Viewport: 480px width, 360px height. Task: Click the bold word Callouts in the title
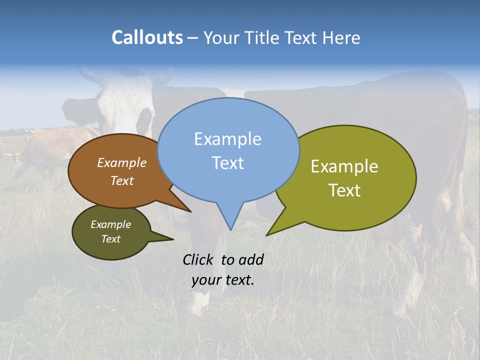pos(147,37)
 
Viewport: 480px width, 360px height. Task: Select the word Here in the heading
pos(342,37)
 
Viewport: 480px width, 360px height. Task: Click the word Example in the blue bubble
pos(227,139)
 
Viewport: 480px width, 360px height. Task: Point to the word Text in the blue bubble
pos(227,163)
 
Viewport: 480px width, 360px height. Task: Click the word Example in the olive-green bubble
pos(344,166)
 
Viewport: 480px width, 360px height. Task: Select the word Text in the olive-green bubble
pos(344,190)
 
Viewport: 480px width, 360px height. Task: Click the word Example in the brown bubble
pos(122,163)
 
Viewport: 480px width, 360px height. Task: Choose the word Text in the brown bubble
pos(122,181)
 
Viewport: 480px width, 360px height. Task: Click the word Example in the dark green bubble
pos(110,224)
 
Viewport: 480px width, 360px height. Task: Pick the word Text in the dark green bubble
pos(110,239)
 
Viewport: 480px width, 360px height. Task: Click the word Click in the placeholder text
pos(198,259)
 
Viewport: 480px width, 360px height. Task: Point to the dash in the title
pos(193,38)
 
